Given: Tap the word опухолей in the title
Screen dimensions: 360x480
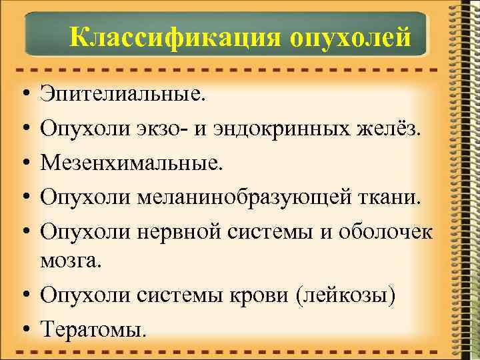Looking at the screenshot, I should pyautogui.click(x=350, y=37).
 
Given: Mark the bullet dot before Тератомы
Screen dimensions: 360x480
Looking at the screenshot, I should pyautogui.click(x=23, y=327).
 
